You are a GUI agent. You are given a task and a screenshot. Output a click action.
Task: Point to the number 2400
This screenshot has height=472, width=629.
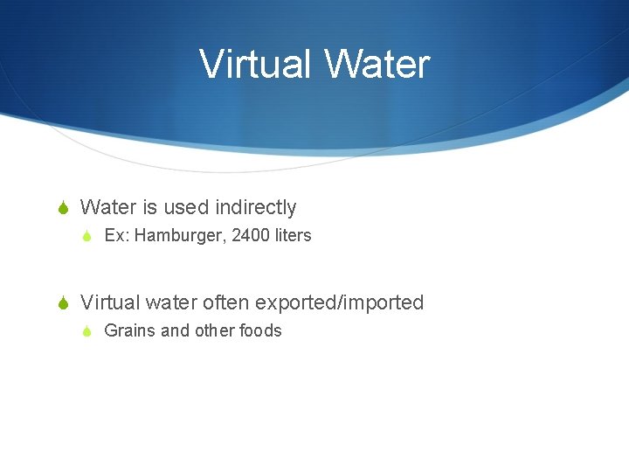(x=252, y=235)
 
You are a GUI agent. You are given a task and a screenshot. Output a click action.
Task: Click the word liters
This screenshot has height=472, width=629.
(x=293, y=235)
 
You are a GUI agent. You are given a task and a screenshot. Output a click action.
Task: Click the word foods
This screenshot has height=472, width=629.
(x=260, y=330)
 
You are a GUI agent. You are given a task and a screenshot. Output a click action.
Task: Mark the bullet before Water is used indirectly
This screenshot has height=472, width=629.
(x=61, y=208)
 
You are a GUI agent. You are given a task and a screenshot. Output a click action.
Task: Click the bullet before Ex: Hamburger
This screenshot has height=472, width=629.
(x=86, y=236)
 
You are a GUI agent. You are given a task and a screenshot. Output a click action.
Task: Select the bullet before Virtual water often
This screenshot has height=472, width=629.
(x=61, y=303)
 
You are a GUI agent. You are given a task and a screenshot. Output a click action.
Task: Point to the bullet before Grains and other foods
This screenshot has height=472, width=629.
(x=86, y=331)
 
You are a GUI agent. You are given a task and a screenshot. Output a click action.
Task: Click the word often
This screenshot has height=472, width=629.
(x=225, y=302)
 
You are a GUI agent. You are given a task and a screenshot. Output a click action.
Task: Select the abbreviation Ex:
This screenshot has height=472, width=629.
(x=116, y=235)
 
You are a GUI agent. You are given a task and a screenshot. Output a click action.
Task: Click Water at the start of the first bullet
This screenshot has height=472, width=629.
(x=107, y=207)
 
